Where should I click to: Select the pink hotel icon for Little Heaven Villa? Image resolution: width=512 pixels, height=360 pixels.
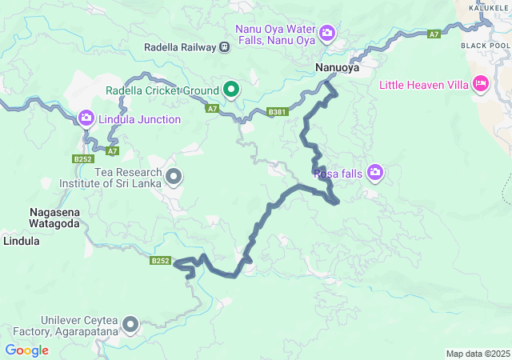[481, 83]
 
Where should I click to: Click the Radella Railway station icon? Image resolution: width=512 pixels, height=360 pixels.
[226, 47]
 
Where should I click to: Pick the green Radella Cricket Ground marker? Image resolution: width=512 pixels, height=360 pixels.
[231, 89]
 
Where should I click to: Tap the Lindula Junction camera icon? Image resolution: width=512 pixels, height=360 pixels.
[86, 119]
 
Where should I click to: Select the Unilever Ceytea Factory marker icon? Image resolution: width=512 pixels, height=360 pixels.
[130, 324]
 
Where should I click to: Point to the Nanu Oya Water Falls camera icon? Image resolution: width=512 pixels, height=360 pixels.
[326, 33]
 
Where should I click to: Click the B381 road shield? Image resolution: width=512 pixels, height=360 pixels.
[277, 113]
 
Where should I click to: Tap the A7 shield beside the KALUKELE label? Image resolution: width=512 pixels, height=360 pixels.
[434, 34]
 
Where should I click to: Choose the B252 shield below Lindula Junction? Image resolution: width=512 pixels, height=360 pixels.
[82, 159]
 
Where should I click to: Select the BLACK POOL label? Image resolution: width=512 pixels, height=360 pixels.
[485, 46]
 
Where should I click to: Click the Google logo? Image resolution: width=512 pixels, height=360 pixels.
[26, 350]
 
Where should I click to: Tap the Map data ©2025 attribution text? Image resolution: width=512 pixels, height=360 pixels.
[477, 354]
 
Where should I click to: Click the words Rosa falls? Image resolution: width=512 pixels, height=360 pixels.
[338, 173]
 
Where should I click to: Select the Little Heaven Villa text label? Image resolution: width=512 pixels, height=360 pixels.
[423, 84]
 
